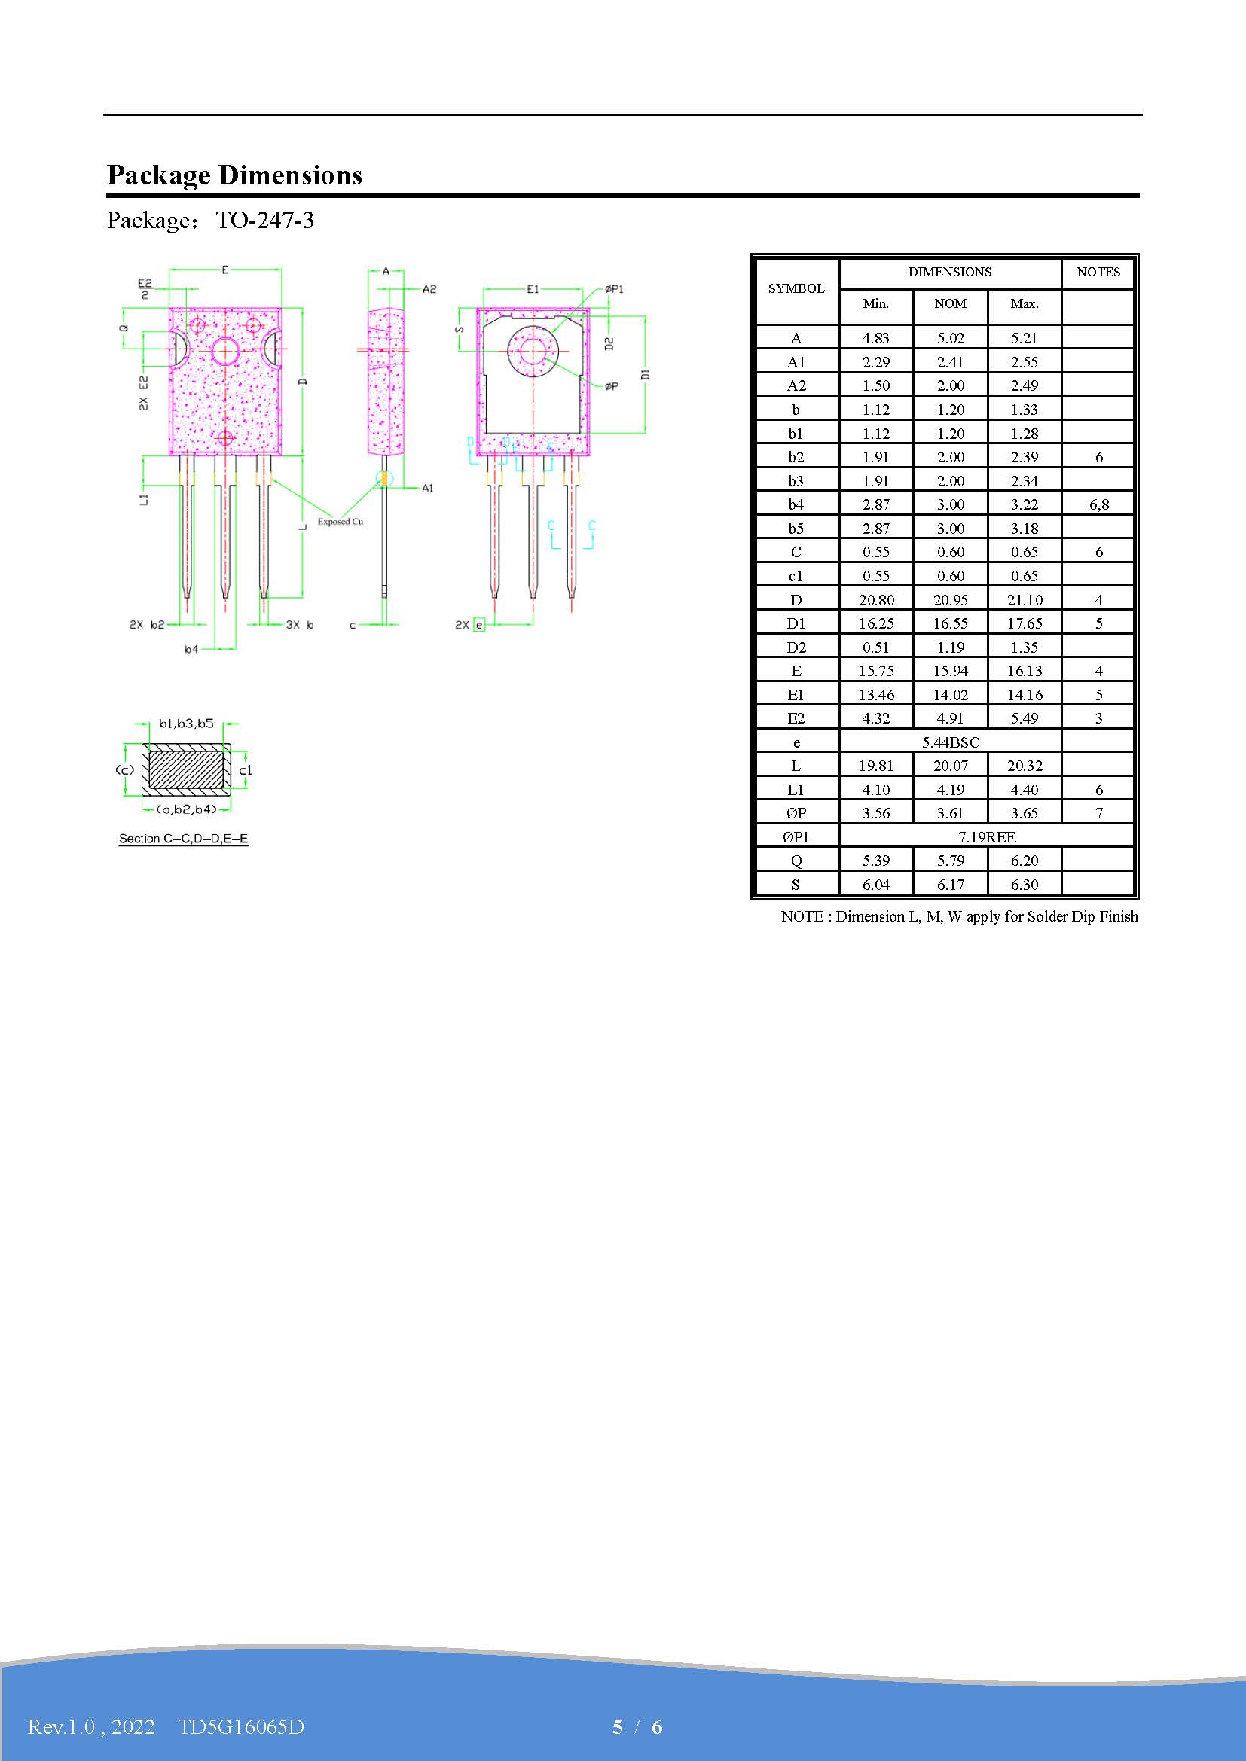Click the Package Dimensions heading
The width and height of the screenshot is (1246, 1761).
coord(234,175)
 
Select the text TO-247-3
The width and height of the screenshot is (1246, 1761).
coord(264,221)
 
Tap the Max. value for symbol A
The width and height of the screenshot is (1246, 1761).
coord(1024,338)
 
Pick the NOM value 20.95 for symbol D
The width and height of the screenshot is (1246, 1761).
coord(950,600)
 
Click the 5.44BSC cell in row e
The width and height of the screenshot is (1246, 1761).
coord(950,742)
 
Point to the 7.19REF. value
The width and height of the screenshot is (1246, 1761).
coord(987,836)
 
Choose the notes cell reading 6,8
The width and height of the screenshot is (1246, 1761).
coord(1098,504)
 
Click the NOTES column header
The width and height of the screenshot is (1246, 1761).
coord(1097,272)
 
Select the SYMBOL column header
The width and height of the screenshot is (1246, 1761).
coord(796,288)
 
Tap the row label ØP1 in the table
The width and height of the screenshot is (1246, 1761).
coord(796,836)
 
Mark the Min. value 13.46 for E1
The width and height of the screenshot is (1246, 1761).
coord(875,695)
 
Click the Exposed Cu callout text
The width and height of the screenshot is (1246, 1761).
coord(340,522)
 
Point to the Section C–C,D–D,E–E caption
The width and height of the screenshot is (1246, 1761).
coord(183,838)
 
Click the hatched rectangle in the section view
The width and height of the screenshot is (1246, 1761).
coord(185,769)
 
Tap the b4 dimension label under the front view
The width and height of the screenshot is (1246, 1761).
coord(191,650)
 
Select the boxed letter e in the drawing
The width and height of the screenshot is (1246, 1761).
coord(480,625)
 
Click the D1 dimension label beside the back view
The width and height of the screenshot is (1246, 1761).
coord(646,374)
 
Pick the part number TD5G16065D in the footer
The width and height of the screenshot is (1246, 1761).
coord(241,1726)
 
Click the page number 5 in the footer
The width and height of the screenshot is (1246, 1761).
coord(618,1726)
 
